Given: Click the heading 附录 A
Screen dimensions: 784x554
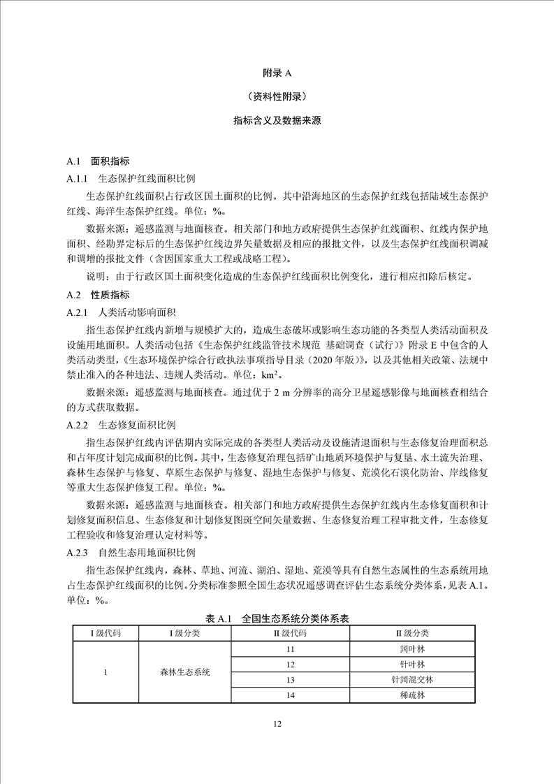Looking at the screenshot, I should coord(277,72).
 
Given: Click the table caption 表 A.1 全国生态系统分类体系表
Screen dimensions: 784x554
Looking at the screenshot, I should coord(277,619).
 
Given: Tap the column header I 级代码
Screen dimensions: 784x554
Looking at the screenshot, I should coord(105,633).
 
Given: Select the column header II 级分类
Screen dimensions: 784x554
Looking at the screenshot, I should coord(413,633).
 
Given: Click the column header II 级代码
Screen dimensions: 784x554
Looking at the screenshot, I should coord(291,633).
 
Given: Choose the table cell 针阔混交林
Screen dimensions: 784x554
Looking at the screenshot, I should coord(413,680).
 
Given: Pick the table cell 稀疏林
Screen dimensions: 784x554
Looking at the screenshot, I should coord(413,695).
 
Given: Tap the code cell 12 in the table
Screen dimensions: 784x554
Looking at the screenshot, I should coord(291,665).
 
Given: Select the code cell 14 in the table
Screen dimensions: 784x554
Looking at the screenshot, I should coord(291,695).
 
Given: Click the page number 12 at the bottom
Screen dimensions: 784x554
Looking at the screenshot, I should coord(277,725).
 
